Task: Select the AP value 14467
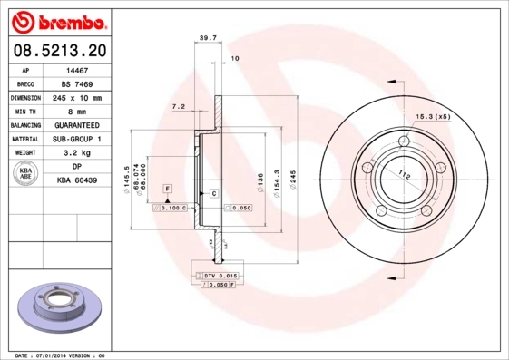coord(77,69)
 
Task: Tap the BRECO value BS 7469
coord(77,83)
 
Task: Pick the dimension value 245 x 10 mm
coord(77,97)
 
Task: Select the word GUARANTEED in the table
coord(77,125)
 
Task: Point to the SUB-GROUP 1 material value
coord(77,139)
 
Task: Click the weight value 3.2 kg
coord(77,153)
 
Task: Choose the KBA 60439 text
coord(77,181)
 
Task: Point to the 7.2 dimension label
coord(179,107)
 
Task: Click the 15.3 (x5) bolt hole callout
coord(433,117)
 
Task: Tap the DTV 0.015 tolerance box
coord(218,275)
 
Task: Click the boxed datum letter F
coord(167,187)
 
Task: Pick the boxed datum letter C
coord(213,194)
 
